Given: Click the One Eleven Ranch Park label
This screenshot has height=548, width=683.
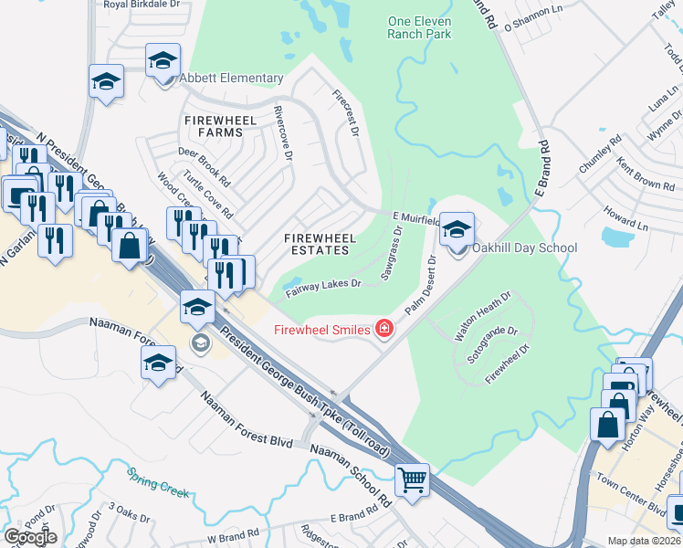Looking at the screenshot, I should click(x=419, y=27).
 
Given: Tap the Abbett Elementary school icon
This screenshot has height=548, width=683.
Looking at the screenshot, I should click(x=163, y=62).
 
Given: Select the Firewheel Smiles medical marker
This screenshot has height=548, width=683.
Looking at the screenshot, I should click(x=384, y=329).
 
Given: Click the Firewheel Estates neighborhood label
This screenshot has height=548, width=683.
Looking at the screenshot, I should click(x=319, y=244).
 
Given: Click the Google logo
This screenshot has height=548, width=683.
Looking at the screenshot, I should click(x=30, y=537).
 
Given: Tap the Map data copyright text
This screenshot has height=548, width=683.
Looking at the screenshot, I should click(x=645, y=541).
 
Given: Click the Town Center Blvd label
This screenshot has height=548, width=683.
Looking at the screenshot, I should click(x=630, y=492).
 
